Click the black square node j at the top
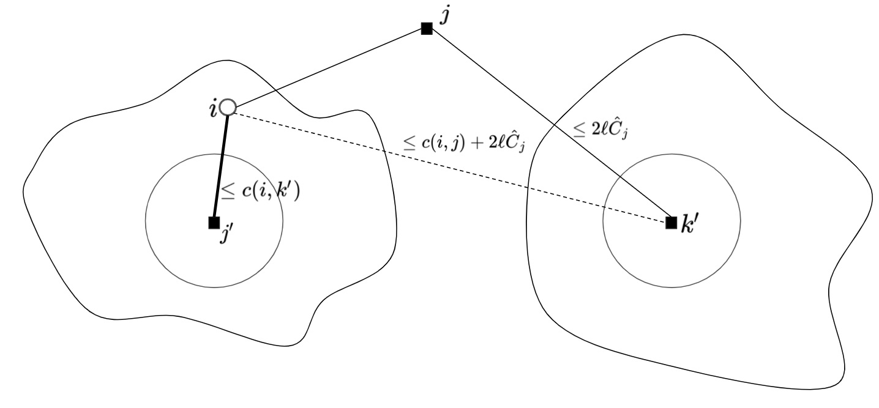coord(427,28)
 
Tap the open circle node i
coord(228,108)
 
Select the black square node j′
coord(214,222)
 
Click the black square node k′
coord(671,222)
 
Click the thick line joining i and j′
coord(220,165)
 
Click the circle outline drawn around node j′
coord(283,220)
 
